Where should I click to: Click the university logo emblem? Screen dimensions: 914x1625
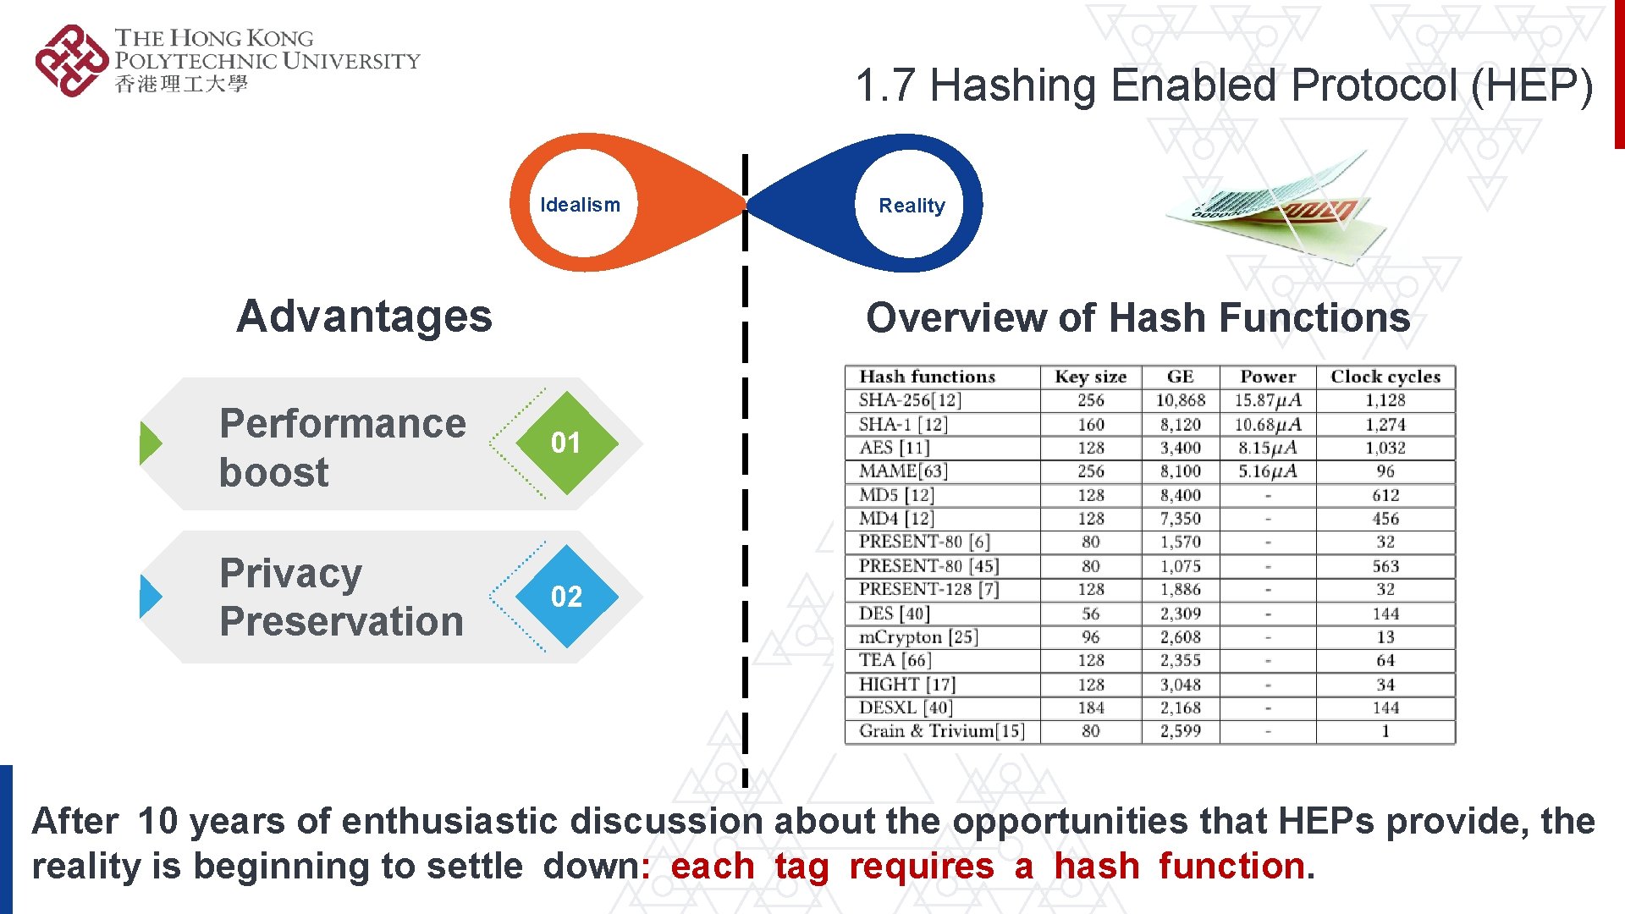[71, 60]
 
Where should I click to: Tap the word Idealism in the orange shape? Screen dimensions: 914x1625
[580, 205]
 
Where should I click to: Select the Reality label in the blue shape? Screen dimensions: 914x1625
[912, 206]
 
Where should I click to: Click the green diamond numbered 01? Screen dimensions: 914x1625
[565, 443]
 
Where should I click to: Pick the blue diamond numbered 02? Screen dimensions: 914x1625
[566, 597]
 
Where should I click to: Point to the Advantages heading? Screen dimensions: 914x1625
[364, 317]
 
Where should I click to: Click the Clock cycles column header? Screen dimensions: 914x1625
[1385, 377]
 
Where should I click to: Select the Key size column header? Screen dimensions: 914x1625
[1090, 377]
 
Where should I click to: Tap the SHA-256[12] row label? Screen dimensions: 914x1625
[910, 400]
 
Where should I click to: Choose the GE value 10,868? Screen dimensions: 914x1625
[1181, 400]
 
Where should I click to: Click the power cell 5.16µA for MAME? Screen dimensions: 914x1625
[1267, 471]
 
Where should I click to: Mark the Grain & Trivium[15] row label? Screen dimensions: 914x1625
[941, 731]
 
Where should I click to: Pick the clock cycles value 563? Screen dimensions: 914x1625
[1385, 566]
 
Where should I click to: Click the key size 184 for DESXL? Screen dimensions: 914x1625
[1090, 708]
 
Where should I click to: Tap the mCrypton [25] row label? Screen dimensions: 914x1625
[918, 637]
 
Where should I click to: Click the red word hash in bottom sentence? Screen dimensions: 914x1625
[1097, 867]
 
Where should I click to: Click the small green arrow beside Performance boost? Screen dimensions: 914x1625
[150, 443]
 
